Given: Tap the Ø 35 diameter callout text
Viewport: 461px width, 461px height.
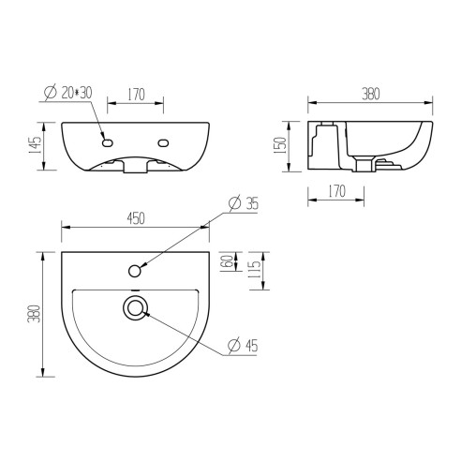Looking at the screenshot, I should [245, 203].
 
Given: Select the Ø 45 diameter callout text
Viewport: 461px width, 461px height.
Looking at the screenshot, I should [245, 346].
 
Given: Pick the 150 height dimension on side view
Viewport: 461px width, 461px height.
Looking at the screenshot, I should [291, 146].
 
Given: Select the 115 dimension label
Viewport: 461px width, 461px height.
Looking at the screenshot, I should [253, 270].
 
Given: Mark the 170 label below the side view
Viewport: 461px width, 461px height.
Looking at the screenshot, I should [337, 192].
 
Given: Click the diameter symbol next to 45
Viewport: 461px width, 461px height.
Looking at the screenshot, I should [232, 346].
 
